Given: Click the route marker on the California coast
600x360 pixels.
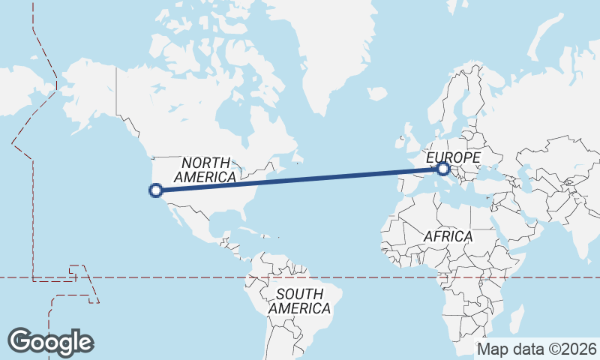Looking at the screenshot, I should [x=156, y=190].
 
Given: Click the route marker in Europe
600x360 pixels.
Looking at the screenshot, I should [x=443, y=169].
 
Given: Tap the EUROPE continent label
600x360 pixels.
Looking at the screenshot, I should [x=453, y=157].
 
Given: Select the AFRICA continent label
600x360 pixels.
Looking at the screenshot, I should [x=448, y=236].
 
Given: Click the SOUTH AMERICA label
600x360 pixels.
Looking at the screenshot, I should [x=299, y=301].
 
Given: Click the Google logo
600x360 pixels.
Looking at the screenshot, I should [x=50, y=341].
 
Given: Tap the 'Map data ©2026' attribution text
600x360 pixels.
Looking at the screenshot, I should [x=537, y=349].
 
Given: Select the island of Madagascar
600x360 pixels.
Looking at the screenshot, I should [x=517, y=319].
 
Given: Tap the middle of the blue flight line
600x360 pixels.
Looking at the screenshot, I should [x=300, y=180].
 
